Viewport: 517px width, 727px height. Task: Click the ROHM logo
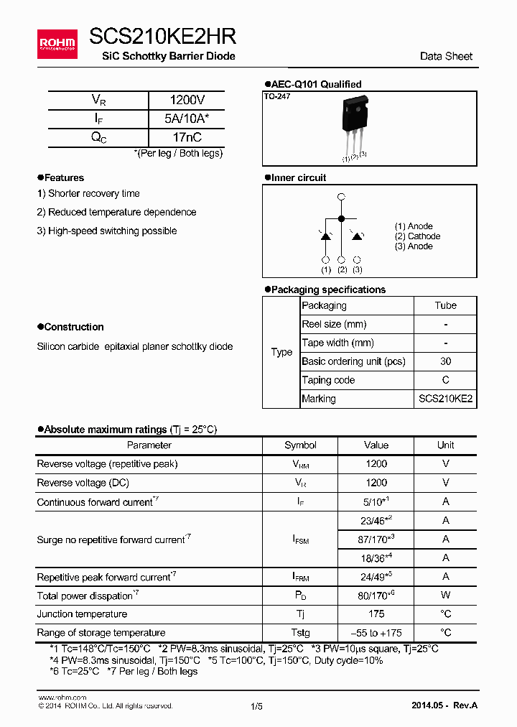(x=57, y=44)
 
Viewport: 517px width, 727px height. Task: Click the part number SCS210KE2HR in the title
(x=162, y=37)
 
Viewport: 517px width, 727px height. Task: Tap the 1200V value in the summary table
(x=187, y=101)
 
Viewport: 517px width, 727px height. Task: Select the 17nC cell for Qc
(x=187, y=137)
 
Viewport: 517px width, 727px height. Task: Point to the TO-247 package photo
(x=355, y=119)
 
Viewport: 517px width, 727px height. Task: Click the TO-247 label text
(x=277, y=96)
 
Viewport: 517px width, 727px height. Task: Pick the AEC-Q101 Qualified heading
(x=316, y=84)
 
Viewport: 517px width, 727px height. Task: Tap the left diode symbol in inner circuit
(x=325, y=236)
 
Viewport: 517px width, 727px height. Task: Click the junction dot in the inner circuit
(x=341, y=218)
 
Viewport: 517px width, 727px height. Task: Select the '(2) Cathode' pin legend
(x=417, y=236)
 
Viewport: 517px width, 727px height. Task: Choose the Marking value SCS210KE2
(x=445, y=399)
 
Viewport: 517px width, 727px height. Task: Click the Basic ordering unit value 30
(x=445, y=361)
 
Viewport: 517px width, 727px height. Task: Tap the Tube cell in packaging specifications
(x=445, y=305)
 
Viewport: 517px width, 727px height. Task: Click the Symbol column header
(x=300, y=445)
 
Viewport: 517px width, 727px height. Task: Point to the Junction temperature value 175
(x=376, y=614)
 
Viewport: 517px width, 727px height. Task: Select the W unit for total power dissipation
(x=445, y=596)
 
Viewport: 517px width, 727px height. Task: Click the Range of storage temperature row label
(x=101, y=633)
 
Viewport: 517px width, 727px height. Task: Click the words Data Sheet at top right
(x=446, y=56)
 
